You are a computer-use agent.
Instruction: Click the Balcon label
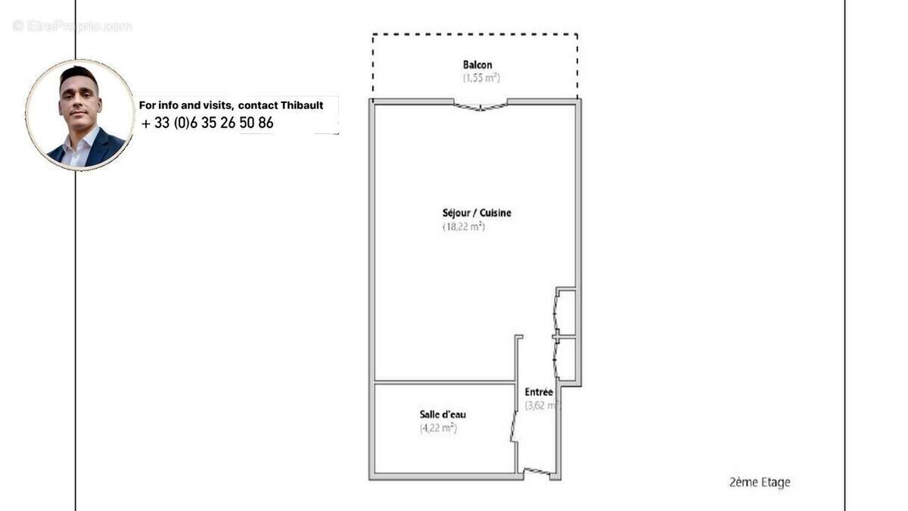click(477, 65)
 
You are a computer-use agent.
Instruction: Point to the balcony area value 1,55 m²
click(481, 78)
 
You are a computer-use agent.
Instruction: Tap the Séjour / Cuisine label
click(477, 213)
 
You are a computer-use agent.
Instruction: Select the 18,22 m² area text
click(463, 226)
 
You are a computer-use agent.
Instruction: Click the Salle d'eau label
click(443, 414)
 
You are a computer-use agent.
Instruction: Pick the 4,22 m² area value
click(438, 428)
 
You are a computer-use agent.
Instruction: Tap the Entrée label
click(539, 392)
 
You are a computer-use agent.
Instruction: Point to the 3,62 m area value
click(542, 406)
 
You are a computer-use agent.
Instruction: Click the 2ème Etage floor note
click(759, 482)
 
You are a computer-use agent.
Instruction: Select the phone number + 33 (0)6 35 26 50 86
click(207, 123)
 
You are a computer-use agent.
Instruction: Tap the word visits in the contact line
click(213, 105)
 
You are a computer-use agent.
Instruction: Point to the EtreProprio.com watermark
click(72, 26)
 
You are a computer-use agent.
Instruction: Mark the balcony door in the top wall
click(480, 105)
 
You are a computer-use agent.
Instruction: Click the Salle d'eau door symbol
click(515, 426)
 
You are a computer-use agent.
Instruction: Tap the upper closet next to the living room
click(565, 310)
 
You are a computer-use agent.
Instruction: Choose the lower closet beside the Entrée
click(565, 360)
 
